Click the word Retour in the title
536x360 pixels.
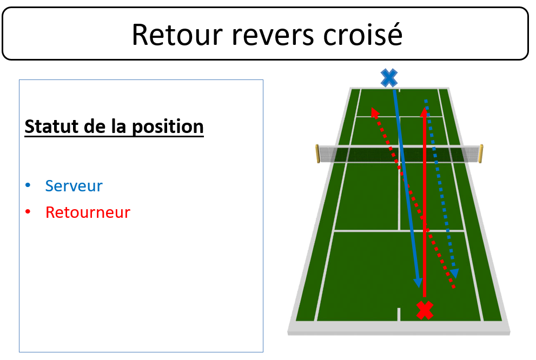pyautogui.click(x=177, y=35)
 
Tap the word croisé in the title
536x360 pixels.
pyautogui.click(x=363, y=34)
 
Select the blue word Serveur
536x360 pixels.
pyautogui.click(x=74, y=186)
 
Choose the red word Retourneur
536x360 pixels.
pyautogui.click(x=88, y=212)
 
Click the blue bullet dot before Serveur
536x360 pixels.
pyautogui.click(x=28, y=185)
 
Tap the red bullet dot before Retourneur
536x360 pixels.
pyautogui.click(x=28, y=212)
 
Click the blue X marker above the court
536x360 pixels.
pyautogui.click(x=389, y=78)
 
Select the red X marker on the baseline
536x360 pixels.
pyautogui.click(x=425, y=310)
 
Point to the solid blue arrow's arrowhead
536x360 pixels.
pyautogui.click(x=418, y=282)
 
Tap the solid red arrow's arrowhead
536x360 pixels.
pyautogui.click(x=424, y=112)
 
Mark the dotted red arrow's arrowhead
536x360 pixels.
pyautogui.click(x=375, y=112)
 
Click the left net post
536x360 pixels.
pyautogui.click(x=317, y=154)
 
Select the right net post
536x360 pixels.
pyautogui.click(x=481, y=154)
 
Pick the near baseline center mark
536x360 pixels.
pyautogui.click(x=399, y=314)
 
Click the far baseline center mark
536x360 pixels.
pyautogui.click(x=399, y=90)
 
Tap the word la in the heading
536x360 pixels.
pyautogui.click(x=120, y=126)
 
